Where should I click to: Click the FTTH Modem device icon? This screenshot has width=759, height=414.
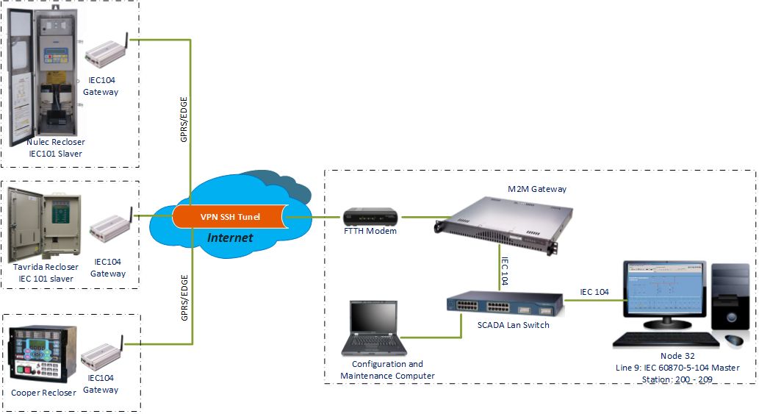click(x=370, y=217)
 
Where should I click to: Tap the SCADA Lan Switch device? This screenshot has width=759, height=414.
click(x=505, y=304)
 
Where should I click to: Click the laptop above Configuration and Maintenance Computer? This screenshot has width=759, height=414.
click(x=374, y=328)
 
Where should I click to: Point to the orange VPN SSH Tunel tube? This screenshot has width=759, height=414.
click(x=231, y=216)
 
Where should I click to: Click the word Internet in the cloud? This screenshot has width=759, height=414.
click(x=230, y=238)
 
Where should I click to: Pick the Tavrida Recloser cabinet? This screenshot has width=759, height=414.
click(x=44, y=226)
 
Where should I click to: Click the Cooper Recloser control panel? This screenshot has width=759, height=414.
click(x=43, y=354)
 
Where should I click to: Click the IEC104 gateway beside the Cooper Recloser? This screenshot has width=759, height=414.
click(x=102, y=354)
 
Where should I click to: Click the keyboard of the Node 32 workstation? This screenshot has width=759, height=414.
click(x=666, y=340)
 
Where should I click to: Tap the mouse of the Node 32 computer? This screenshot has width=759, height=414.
click(x=734, y=340)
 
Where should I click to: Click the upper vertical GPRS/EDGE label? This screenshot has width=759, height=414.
click(x=184, y=120)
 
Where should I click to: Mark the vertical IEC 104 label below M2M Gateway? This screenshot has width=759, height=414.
click(x=505, y=271)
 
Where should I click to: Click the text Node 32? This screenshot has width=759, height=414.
click(x=677, y=356)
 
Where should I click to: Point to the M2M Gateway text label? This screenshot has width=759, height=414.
click(x=537, y=189)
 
